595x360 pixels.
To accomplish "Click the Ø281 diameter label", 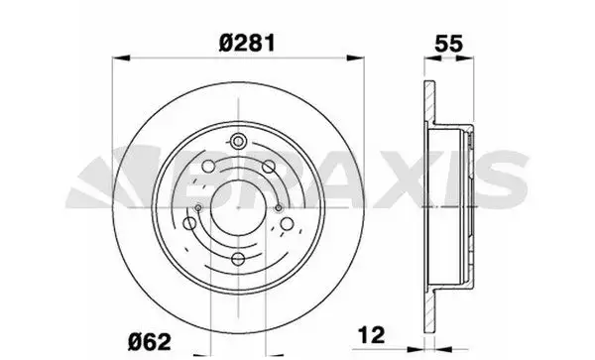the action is [247, 43].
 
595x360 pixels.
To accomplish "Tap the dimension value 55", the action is [449, 44].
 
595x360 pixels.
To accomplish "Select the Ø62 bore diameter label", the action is [149, 342].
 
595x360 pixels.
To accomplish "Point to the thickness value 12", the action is [371, 334].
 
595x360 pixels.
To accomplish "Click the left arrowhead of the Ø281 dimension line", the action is [121, 58].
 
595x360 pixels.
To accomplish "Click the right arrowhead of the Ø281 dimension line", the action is [356, 58].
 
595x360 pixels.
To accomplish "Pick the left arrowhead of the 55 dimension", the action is [432, 59].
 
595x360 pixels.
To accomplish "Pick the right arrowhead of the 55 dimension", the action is [465, 59].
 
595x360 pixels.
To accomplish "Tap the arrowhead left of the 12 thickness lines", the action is [416, 349].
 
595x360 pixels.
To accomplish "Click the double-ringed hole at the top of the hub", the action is [238, 142].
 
